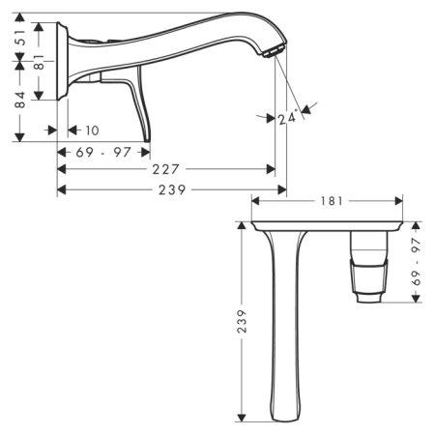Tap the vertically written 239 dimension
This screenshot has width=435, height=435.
coord(242,321)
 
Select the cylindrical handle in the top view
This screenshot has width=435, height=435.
coord(370,266)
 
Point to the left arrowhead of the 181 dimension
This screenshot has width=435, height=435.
coord(254,201)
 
